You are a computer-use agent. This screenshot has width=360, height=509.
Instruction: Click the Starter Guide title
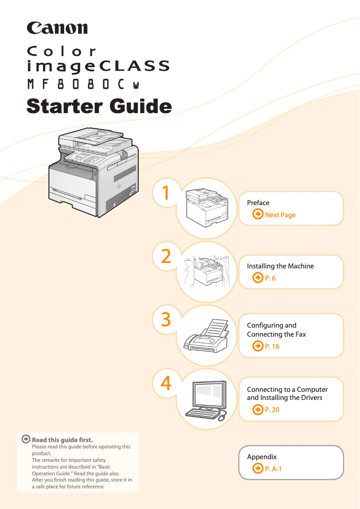coord(99,106)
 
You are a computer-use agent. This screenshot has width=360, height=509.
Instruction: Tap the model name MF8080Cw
coord(83,84)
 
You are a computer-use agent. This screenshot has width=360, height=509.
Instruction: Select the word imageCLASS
coord(99,66)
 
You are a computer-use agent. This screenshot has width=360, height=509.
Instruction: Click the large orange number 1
coord(166,193)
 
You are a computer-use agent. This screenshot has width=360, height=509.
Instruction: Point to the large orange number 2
coord(166,256)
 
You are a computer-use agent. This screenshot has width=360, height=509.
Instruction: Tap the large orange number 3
coord(166,320)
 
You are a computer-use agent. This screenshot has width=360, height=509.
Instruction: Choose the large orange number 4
coord(166,383)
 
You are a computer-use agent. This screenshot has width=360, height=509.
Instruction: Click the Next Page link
coord(280,215)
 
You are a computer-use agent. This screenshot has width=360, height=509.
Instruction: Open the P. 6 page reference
coord(270,278)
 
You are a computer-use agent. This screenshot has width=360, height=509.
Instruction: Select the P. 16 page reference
coord(272,347)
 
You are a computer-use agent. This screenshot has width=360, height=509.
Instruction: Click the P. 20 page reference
coord(272,410)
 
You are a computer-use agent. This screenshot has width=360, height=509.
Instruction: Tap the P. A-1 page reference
coord(273,469)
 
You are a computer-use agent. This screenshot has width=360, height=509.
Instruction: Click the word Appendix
coord(262,457)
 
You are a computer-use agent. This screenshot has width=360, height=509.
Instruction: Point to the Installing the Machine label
coord(280,266)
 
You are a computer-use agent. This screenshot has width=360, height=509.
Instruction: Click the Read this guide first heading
coord(62,440)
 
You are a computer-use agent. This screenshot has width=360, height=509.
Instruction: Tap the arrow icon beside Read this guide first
coord(26,439)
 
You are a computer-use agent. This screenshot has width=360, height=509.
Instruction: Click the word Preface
coord(258,203)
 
